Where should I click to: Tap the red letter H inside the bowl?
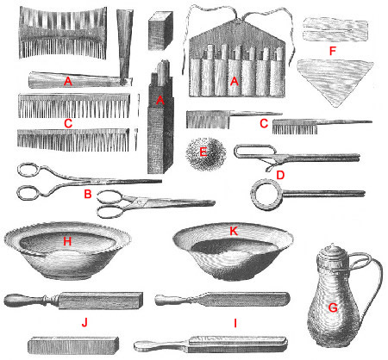65,242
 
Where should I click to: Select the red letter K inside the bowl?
234,231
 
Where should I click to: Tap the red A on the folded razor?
67,81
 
